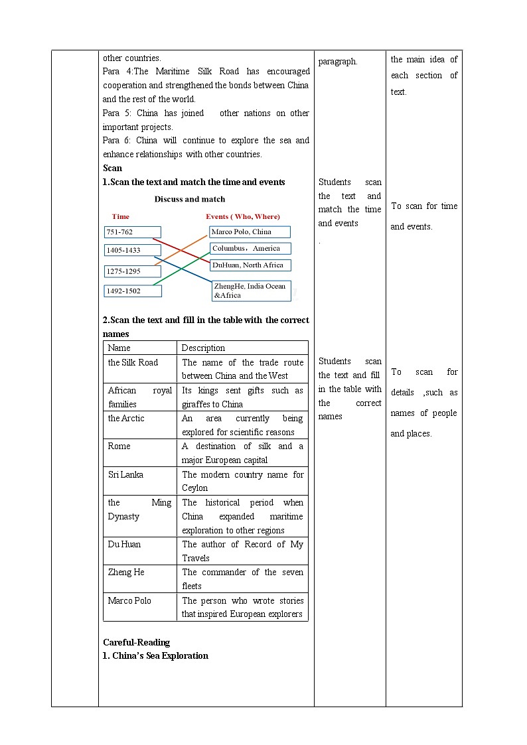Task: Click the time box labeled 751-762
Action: coord(132,232)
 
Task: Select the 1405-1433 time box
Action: coord(132,250)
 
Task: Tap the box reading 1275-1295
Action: coord(132,271)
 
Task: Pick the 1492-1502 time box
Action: coord(132,291)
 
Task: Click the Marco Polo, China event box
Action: coord(250,232)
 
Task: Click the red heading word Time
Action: coord(121,216)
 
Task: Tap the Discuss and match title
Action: coord(190,199)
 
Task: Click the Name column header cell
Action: coord(140,348)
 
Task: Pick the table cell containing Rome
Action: coord(140,452)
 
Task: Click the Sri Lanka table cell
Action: coord(140,481)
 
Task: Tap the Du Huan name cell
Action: coord(140,551)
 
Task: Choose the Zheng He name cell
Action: coord(140,578)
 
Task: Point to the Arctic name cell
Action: coord(140,425)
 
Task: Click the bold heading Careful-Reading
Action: coord(136,642)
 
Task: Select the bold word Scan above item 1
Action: coord(113,168)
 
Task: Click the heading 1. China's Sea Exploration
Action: coord(155,655)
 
